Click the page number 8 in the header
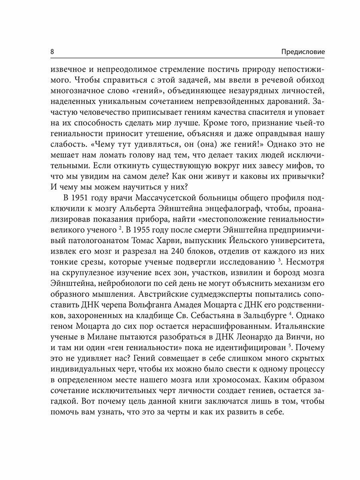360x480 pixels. [52, 52]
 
